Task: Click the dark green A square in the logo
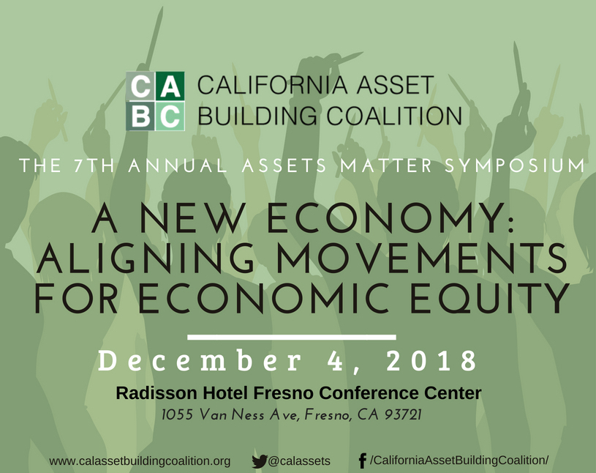click(x=170, y=86)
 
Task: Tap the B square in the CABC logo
click(x=140, y=116)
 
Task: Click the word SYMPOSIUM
click(x=515, y=165)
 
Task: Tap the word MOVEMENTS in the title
click(x=421, y=258)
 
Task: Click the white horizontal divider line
click(x=292, y=337)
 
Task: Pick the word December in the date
click(x=200, y=361)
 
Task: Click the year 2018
click(x=431, y=361)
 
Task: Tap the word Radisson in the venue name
click(x=156, y=392)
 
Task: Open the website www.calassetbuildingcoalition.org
click(x=140, y=461)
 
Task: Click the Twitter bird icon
click(x=259, y=461)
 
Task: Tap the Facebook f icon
click(x=363, y=461)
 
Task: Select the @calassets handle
click(x=299, y=461)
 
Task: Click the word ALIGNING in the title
click(x=145, y=258)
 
